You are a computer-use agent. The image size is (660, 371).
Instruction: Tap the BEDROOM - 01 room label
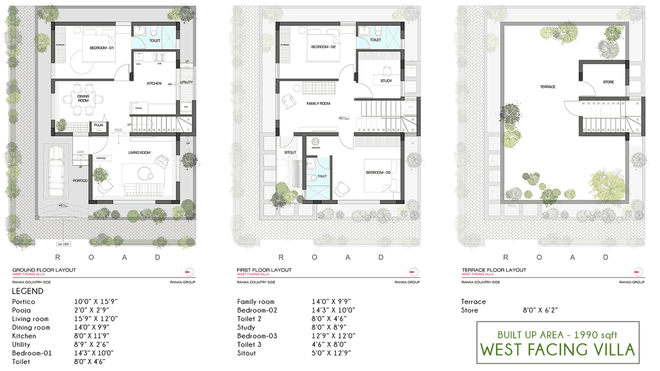pos(102,48)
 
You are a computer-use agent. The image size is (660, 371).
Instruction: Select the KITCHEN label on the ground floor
pos(154,84)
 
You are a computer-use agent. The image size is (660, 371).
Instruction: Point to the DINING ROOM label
pos(83,98)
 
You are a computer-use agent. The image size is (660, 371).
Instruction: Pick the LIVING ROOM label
pos(139,152)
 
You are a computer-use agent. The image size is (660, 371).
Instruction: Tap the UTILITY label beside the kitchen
pos(186,83)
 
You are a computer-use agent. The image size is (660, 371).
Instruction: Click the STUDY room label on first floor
pos(386,81)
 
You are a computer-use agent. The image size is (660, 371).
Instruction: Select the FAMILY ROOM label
pos(318,103)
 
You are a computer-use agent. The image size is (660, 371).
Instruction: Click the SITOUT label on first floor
pos(290,152)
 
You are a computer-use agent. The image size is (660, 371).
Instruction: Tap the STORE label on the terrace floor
pos(608,82)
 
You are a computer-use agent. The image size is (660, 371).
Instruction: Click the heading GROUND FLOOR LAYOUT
pos(44,270)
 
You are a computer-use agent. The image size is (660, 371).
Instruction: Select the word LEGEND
pos(27,291)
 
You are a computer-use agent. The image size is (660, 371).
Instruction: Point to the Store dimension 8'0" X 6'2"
pos(541,310)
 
